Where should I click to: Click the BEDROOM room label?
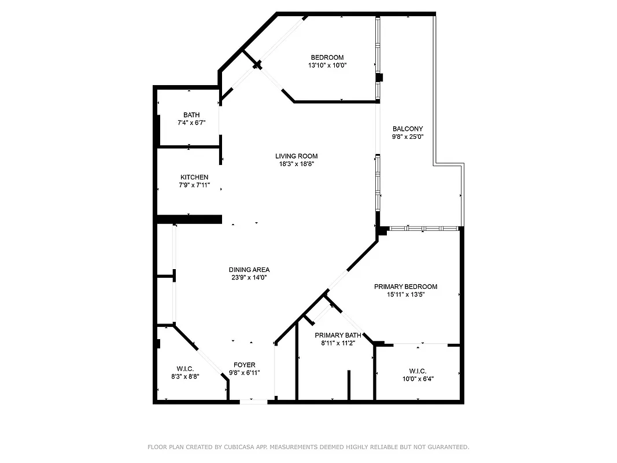[327, 57]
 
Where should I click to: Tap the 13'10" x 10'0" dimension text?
[327, 65]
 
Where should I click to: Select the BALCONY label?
[408, 129]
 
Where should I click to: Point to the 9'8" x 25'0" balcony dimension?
[408, 137]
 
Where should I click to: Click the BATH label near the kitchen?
[191, 115]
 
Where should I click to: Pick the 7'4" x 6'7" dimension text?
[191, 123]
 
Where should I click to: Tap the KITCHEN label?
[194, 177]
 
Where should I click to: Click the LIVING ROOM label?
[296, 156]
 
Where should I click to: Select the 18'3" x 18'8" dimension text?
[296, 164]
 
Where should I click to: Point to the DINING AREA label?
[249, 270]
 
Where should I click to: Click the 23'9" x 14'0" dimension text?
[249, 278]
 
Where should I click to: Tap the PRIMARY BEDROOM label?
[405, 286]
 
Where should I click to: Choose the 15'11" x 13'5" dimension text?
[405, 295]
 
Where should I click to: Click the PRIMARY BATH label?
[338, 335]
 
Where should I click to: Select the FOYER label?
[245, 365]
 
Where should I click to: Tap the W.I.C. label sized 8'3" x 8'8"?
[185, 369]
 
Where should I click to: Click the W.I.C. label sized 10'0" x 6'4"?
[418, 371]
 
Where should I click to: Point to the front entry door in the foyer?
[253, 401]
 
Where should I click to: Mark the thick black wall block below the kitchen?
[190, 219]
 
